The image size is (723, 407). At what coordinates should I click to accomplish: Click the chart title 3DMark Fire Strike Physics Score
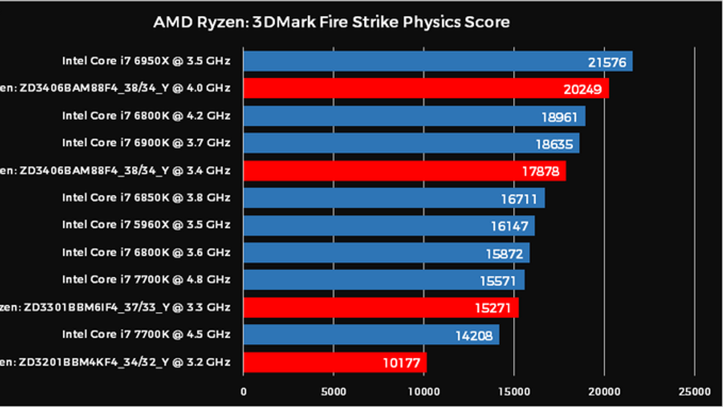click(x=331, y=22)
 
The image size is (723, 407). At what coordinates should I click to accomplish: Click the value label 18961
click(x=559, y=118)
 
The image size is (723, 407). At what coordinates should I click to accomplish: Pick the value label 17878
click(x=540, y=171)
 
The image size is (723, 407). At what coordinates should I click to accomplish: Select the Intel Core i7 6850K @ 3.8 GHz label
click(x=146, y=198)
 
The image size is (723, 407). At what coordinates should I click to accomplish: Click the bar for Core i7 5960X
click(x=389, y=226)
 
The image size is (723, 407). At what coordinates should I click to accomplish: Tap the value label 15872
click(x=504, y=254)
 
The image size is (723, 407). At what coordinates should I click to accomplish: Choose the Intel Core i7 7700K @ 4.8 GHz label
click(x=146, y=279)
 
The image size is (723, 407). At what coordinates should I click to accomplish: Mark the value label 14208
click(x=474, y=336)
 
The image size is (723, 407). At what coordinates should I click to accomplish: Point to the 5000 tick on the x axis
click(x=333, y=392)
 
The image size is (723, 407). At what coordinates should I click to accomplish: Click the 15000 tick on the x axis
click(x=514, y=392)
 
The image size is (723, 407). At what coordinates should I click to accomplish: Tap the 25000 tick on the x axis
click(x=695, y=392)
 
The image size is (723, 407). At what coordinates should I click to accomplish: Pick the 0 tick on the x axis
click(x=244, y=392)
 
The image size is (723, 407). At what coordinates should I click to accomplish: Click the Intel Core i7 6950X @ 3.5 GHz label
click(x=146, y=61)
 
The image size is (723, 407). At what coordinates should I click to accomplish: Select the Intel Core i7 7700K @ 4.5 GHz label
click(x=146, y=334)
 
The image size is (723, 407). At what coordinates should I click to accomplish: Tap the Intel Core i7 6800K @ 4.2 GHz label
click(x=146, y=116)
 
